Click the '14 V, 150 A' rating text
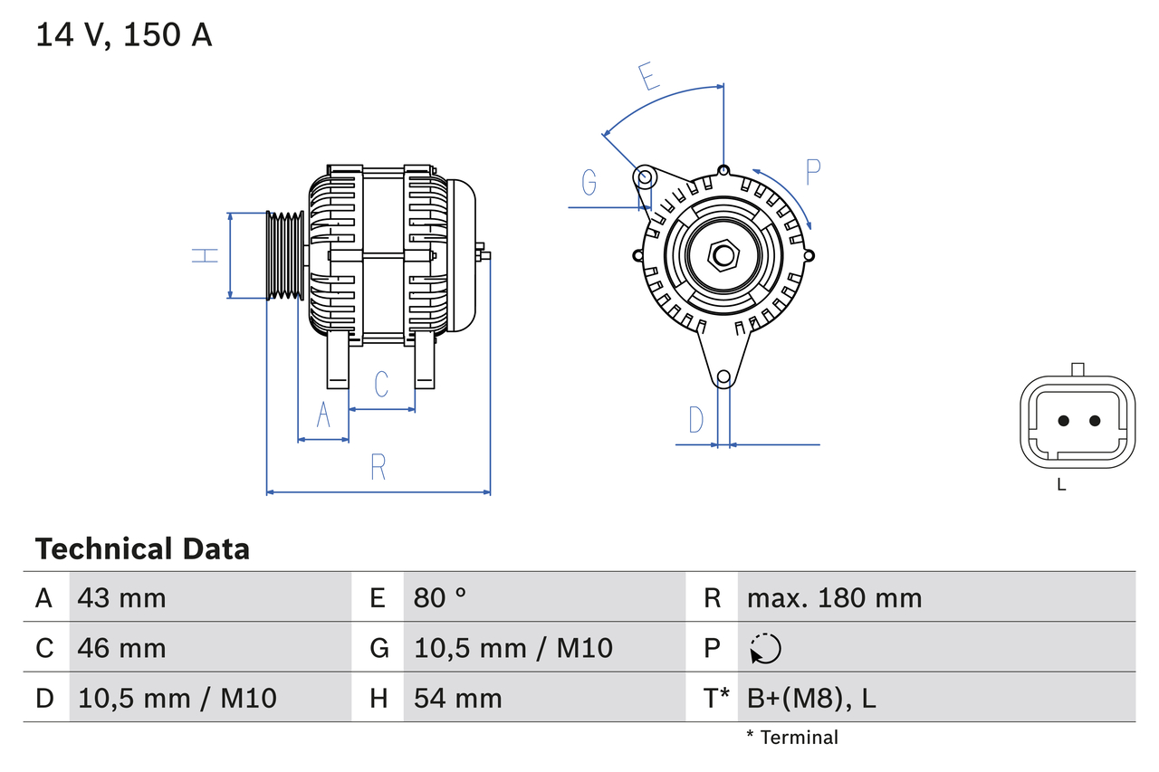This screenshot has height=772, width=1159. click(124, 35)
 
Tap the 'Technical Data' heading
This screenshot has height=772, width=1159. click(142, 548)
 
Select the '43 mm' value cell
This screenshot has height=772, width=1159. click(121, 597)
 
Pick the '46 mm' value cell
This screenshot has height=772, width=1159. click(121, 648)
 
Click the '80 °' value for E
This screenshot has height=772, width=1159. click(440, 597)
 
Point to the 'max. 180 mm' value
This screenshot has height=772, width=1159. click(834, 597)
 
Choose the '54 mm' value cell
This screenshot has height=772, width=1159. click(457, 698)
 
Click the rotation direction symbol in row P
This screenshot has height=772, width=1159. click(765, 648)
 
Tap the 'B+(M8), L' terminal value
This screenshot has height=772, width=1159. click(811, 698)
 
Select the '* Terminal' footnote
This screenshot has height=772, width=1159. click(792, 737)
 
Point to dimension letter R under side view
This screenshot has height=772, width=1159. click(378, 467)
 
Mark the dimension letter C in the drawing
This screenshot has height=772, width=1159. click(381, 384)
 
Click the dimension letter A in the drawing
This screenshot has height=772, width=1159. click(323, 415)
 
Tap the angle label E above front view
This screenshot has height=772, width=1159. click(648, 77)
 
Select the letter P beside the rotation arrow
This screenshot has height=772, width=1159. click(812, 171)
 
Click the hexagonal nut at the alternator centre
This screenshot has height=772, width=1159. click(723, 255)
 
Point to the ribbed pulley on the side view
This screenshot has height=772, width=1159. click(284, 255)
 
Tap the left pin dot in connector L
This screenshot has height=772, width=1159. click(1064, 420)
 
